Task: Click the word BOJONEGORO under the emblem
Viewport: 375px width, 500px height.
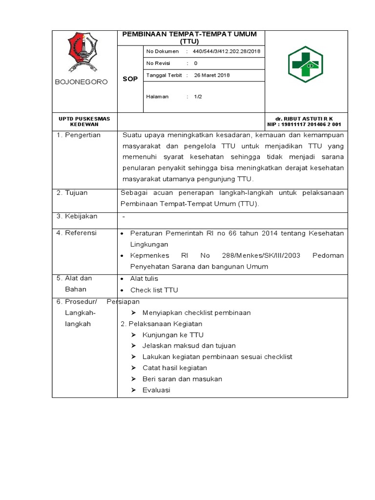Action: [82, 82]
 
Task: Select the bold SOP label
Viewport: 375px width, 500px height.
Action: [130, 79]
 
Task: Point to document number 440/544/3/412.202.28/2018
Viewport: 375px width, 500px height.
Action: [227, 51]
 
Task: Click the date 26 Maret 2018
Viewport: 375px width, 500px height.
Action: [212, 75]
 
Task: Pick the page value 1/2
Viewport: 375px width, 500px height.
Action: [198, 97]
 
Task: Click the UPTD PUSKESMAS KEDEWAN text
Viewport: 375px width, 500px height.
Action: [84, 122]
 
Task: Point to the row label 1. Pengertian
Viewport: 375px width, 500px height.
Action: [78, 135]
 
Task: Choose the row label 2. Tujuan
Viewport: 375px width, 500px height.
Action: [72, 193]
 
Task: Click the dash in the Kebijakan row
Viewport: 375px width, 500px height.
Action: [124, 216]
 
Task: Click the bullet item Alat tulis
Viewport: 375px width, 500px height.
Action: [144, 278]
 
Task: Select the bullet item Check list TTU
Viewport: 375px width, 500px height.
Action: [154, 290]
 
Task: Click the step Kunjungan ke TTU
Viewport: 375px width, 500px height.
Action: [173, 335]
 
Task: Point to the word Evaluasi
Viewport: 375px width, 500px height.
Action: [156, 390]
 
